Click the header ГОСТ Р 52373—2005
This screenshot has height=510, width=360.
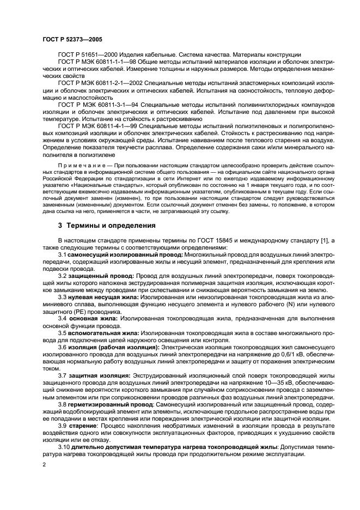[x=72, y=40]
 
